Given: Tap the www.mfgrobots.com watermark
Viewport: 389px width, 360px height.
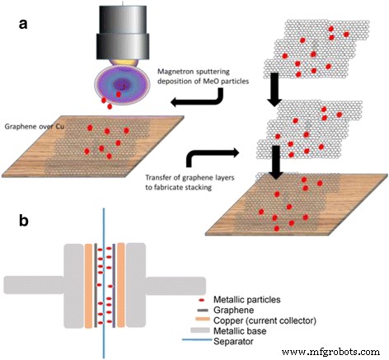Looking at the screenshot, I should [x=336, y=352].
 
